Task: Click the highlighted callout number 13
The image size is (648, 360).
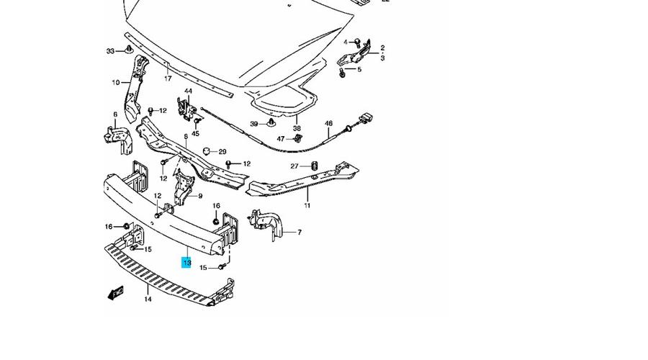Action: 186,264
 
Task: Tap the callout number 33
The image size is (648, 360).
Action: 110,51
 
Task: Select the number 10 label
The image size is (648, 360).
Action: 115,83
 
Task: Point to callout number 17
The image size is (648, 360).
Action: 168,78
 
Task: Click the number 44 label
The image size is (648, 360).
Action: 188,91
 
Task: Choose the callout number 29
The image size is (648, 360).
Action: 222,152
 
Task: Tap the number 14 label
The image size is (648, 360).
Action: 148,299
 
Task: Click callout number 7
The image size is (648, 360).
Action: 300,233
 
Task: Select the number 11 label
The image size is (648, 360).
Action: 307,206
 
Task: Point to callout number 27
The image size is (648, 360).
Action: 294,166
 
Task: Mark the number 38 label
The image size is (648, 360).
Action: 296,129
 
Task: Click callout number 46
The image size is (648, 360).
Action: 328,124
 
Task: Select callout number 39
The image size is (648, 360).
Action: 253,124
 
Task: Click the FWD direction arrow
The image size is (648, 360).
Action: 116,292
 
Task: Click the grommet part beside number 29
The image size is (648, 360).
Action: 207,151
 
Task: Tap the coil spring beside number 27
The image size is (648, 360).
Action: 313,166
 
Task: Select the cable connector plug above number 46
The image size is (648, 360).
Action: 365,118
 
